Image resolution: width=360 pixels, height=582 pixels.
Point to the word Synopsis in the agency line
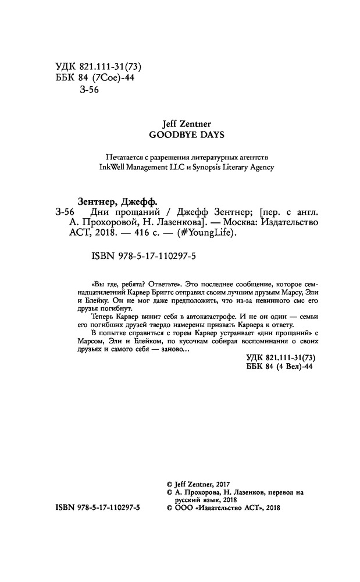[x=216, y=166]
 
